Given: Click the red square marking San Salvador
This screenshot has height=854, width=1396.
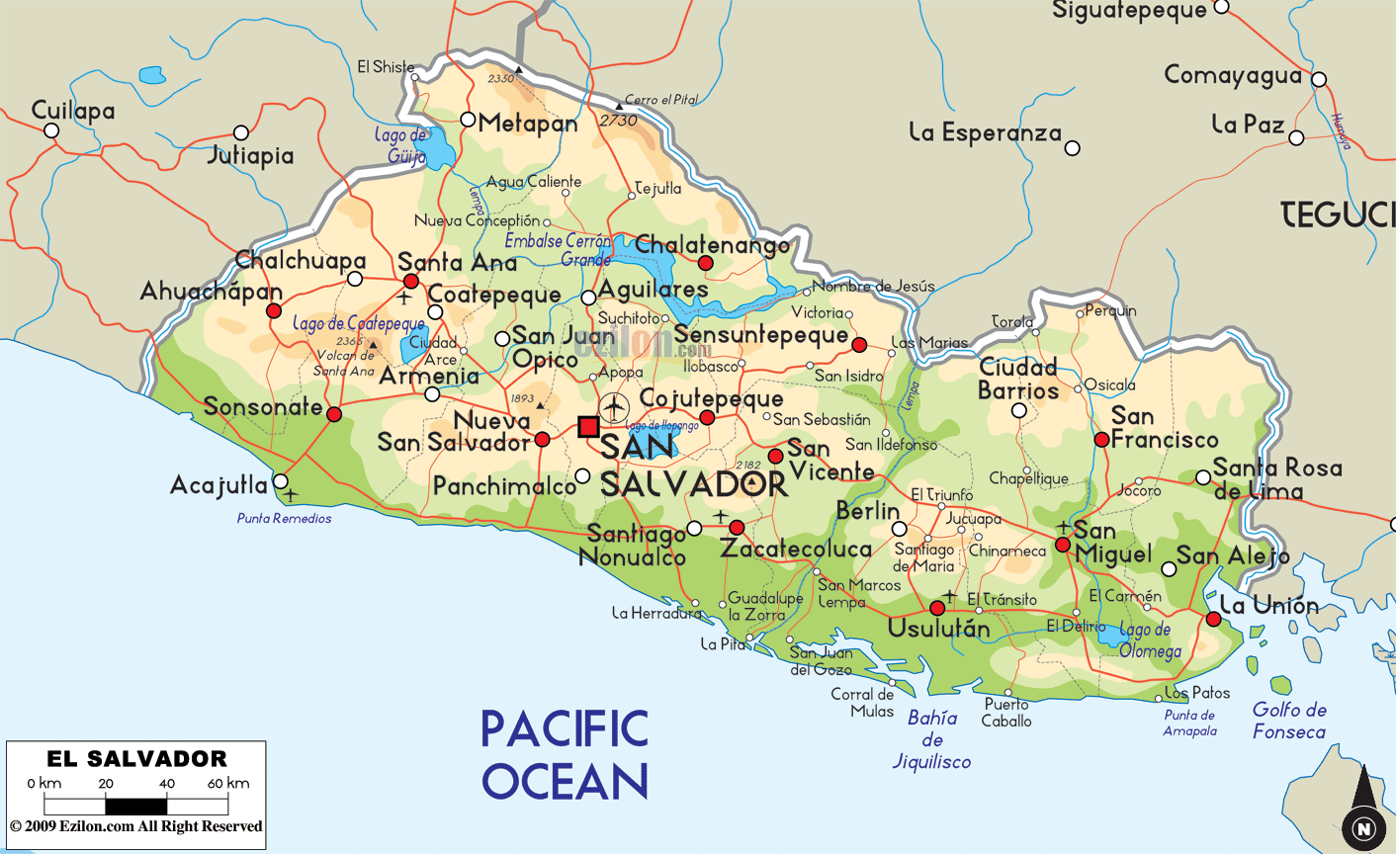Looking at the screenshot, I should [x=588, y=426].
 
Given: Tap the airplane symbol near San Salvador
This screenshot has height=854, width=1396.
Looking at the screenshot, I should [x=614, y=406].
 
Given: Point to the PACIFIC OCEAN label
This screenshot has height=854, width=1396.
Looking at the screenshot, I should [x=565, y=755].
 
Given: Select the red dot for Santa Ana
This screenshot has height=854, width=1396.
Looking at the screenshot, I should [x=411, y=281].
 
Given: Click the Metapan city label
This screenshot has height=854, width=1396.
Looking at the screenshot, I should [x=528, y=124].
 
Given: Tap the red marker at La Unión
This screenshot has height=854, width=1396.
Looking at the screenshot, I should [x=1213, y=619].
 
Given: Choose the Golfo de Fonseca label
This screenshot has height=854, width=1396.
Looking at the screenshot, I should [x=1289, y=721].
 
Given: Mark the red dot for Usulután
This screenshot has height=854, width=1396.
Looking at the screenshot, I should [x=937, y=608].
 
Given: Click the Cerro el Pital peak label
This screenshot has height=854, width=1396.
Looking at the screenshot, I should [x=660, y=100].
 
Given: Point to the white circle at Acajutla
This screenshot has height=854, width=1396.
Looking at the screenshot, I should [x=281, y=481].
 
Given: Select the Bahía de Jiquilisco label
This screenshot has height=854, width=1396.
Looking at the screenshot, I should [x=931, y=739].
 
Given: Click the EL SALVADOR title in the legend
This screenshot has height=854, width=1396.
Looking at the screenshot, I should [x=136, y=759].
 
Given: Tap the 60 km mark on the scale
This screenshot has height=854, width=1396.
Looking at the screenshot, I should [x=228, y=783].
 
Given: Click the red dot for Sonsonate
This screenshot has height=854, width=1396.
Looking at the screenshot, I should [x=334, y=414].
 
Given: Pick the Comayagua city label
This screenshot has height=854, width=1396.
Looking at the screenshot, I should [x=1232, y=75].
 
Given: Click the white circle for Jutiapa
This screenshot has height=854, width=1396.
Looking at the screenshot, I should [x=240, y=132].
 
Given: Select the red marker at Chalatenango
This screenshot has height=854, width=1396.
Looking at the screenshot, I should [x=706, y=263].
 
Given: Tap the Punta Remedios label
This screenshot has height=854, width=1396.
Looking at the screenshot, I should [x=285, y=518].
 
